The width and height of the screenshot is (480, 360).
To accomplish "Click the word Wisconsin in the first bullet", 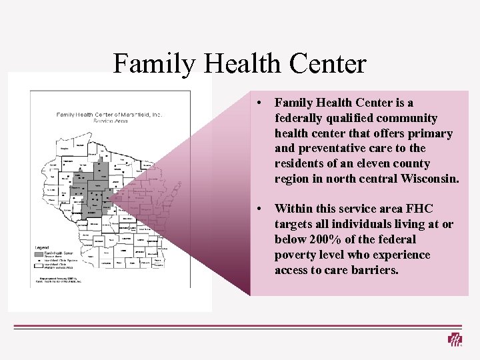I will point(431,179).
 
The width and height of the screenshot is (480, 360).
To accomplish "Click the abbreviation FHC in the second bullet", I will point(419,209).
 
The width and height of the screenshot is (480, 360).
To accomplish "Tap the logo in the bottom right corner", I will point(455,339).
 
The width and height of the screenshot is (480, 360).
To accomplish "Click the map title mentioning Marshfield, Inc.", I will point(109,115).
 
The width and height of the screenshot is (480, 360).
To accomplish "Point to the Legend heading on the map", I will point(42,247).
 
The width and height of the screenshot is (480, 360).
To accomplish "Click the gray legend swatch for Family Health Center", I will point(39,253).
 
